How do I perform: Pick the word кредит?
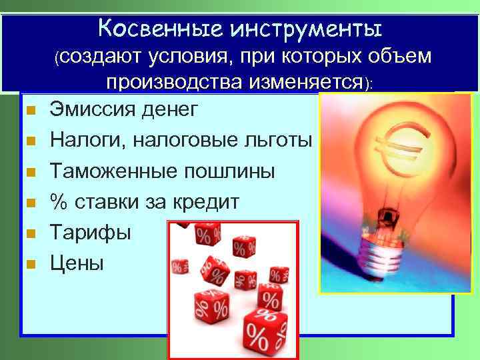[204, 202]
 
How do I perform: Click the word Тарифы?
[91, 233]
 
